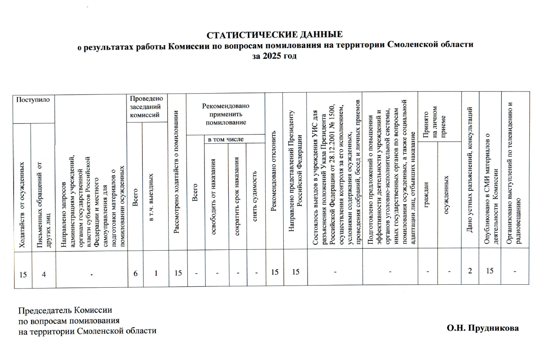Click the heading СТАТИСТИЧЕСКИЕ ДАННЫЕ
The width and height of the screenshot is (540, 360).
coord(275,34)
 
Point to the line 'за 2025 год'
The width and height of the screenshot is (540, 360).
coord(275,56)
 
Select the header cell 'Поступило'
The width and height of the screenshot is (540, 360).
coord(32,100)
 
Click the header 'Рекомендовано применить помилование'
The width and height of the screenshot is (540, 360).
coord(226,114)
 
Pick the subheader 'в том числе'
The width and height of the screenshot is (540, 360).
coord(225,139)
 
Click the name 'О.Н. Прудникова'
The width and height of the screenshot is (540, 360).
coord(483,328)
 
